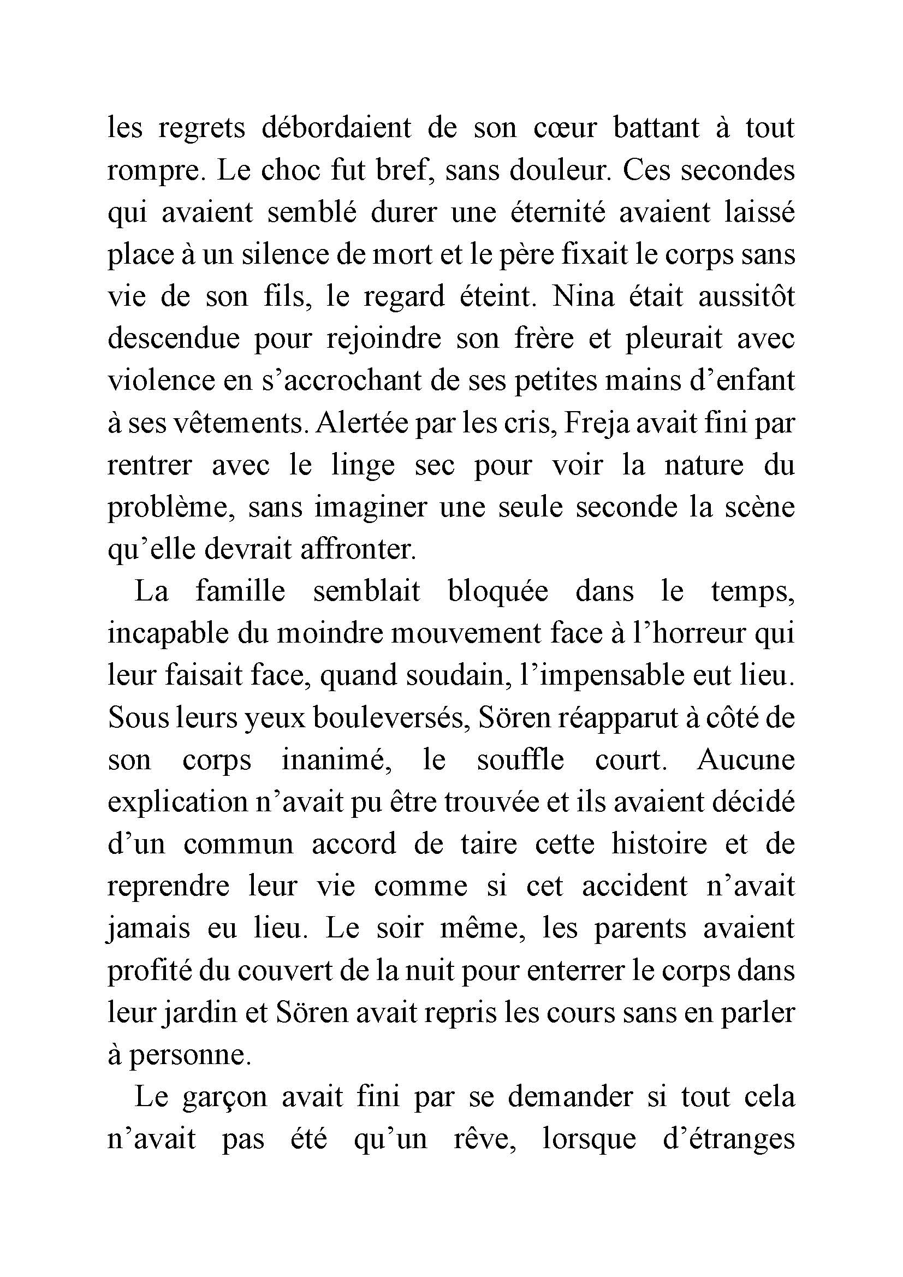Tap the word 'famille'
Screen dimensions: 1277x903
pyautogui.click(x=240, y=592)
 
